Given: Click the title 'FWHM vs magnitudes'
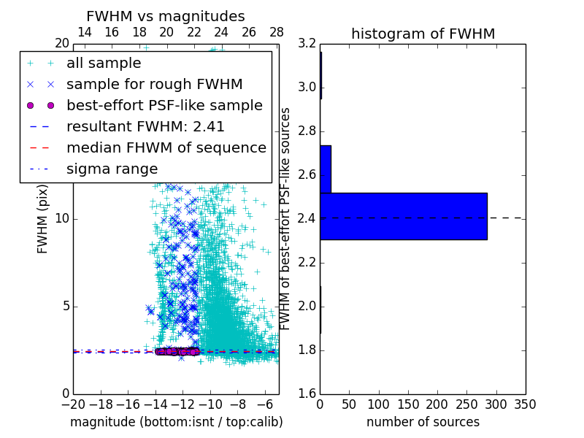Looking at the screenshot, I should (x=165, y=16).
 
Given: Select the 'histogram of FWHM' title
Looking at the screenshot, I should (x=423, y=34).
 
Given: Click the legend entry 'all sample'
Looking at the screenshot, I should (x=104, y=64).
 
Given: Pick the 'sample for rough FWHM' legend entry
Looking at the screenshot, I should (x=154, y=84).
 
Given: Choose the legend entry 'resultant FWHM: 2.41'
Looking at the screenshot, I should (x=145, y=126).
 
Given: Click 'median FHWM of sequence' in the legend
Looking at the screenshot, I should (x=166, y=147).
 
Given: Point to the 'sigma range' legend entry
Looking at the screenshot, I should (x=112, y=169).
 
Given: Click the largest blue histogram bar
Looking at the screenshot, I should (x=403, y=216).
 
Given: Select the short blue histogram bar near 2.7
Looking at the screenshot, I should (x=326, y=169).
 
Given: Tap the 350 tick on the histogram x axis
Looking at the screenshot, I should (x=525, y=404).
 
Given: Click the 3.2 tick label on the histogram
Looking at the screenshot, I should (x=308, y=44).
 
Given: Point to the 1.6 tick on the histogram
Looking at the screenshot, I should (x=308, y=394).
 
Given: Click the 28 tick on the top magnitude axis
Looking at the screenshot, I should (x=277, y=32).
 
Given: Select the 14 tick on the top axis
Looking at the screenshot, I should (x=84, y=32).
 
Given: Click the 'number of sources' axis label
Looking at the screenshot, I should (x=423, y=422).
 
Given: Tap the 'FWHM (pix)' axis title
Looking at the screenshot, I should (x=43, y=218).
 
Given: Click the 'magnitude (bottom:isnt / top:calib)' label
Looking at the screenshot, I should (x=176, y=422).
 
